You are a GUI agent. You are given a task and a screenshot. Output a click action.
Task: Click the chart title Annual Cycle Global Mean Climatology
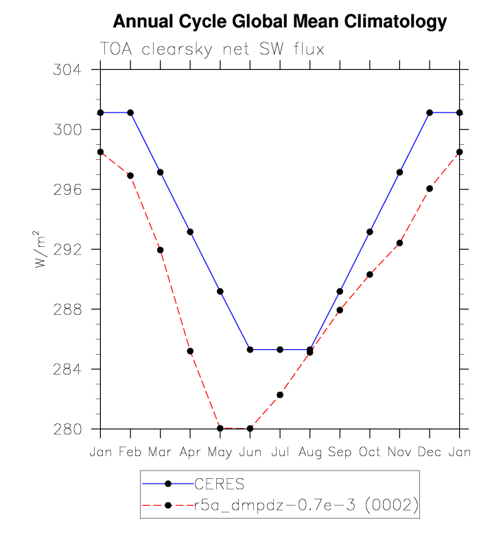pyautogui.click(x=279, y=22)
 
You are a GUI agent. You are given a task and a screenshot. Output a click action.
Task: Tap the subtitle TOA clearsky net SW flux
pyautogui.click(x=211, y=49)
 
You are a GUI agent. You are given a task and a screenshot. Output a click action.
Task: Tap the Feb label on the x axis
pyautogui.click(x=130, y=453)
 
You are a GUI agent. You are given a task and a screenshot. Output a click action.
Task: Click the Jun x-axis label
pyautogui.click(x=250, y=453)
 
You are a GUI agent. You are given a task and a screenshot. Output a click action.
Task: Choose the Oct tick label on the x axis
pyautogui.click(x=370, y=453)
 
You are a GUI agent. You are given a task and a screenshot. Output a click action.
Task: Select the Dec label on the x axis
pyautogui.click(x=430, y=453)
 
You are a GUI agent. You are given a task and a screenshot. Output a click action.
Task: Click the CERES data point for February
pyautogui.click(x=130, y=112)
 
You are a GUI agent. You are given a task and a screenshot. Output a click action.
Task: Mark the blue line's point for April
pyautogui.click(x=190, y=232)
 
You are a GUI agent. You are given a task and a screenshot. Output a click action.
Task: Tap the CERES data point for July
pyautogui.click(x=280, y=350)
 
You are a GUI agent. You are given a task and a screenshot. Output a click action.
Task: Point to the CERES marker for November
pyautogui.click(x=399, y=172)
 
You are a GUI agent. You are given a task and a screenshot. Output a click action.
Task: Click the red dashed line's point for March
pyautogui.click(x=160, y=250)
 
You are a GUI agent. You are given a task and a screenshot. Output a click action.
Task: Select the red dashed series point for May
pyautogui.click(x=220, y=428)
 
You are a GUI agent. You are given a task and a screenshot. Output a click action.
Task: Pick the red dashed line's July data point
pyautogui.click(x=280, y=394)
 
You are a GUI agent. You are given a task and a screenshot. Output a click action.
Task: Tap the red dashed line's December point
pyautogui.click(x=430, y=189)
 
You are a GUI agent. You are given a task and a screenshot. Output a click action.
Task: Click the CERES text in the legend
pyautogui.click(x=220, y=485)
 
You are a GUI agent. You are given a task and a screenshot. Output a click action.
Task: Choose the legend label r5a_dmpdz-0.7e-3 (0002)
pyautogui.click(x=306, y=506)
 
